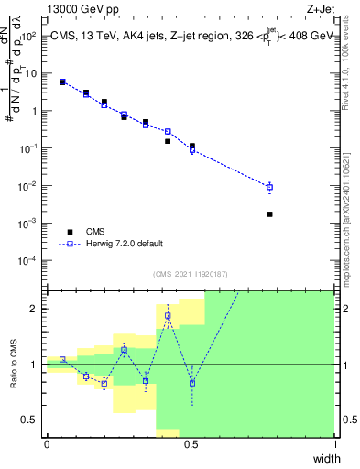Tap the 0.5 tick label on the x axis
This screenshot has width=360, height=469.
click(191, 444)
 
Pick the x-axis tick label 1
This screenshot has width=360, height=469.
click(334, 444)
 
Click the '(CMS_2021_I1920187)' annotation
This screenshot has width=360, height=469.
click(191, 273)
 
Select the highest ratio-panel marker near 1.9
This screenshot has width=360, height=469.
click(168, 316)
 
